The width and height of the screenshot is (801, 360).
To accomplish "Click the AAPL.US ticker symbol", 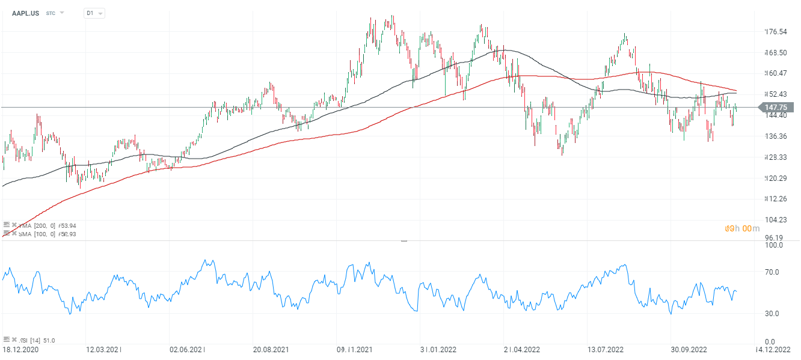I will point(25,13).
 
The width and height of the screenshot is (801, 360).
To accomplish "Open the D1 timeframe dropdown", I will point(94,13).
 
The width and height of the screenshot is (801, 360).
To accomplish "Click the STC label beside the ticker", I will point(51,13).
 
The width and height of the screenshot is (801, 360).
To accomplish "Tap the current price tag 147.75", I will point(779,108).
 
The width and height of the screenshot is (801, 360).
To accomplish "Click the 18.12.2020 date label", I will point(21,349).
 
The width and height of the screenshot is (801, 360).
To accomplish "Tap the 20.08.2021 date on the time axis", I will point(271,349).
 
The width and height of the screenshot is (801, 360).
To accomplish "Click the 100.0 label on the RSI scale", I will point(773,245).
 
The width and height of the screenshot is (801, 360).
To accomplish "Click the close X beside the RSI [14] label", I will point(14,340).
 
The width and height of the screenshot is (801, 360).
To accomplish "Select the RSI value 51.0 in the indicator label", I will point(48,341).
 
